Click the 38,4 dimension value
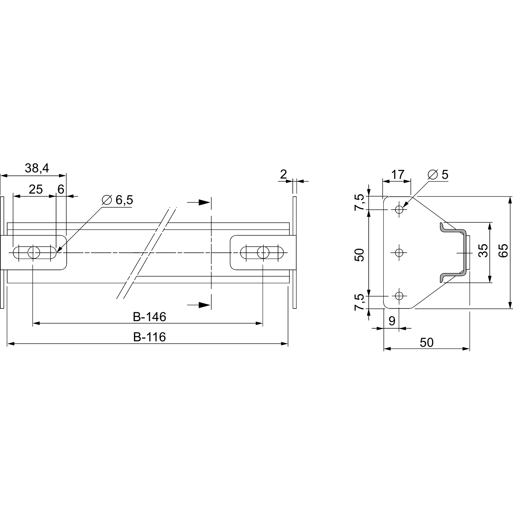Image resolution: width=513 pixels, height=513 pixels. (37, 168)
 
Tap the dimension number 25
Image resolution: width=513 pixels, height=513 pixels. (36, 189)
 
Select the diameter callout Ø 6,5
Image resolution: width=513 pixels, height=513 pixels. (117, 200)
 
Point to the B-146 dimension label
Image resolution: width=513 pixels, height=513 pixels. (149, 317)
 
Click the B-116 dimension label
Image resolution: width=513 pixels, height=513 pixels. (149, 337)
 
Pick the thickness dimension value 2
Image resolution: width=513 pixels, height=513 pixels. (283, 174)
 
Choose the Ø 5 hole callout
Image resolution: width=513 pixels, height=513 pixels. (438, 174)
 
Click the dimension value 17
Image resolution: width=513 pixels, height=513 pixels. (398, 174)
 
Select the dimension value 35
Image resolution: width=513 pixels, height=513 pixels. (483, 250)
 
